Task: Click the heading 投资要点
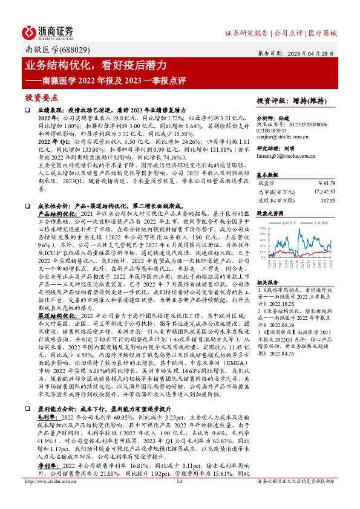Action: [41, 97]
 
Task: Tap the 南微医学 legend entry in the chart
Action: [288, 222]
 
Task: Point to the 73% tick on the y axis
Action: [263, 229]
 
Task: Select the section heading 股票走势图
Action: [269, 213]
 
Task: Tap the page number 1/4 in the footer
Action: [180, 498]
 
